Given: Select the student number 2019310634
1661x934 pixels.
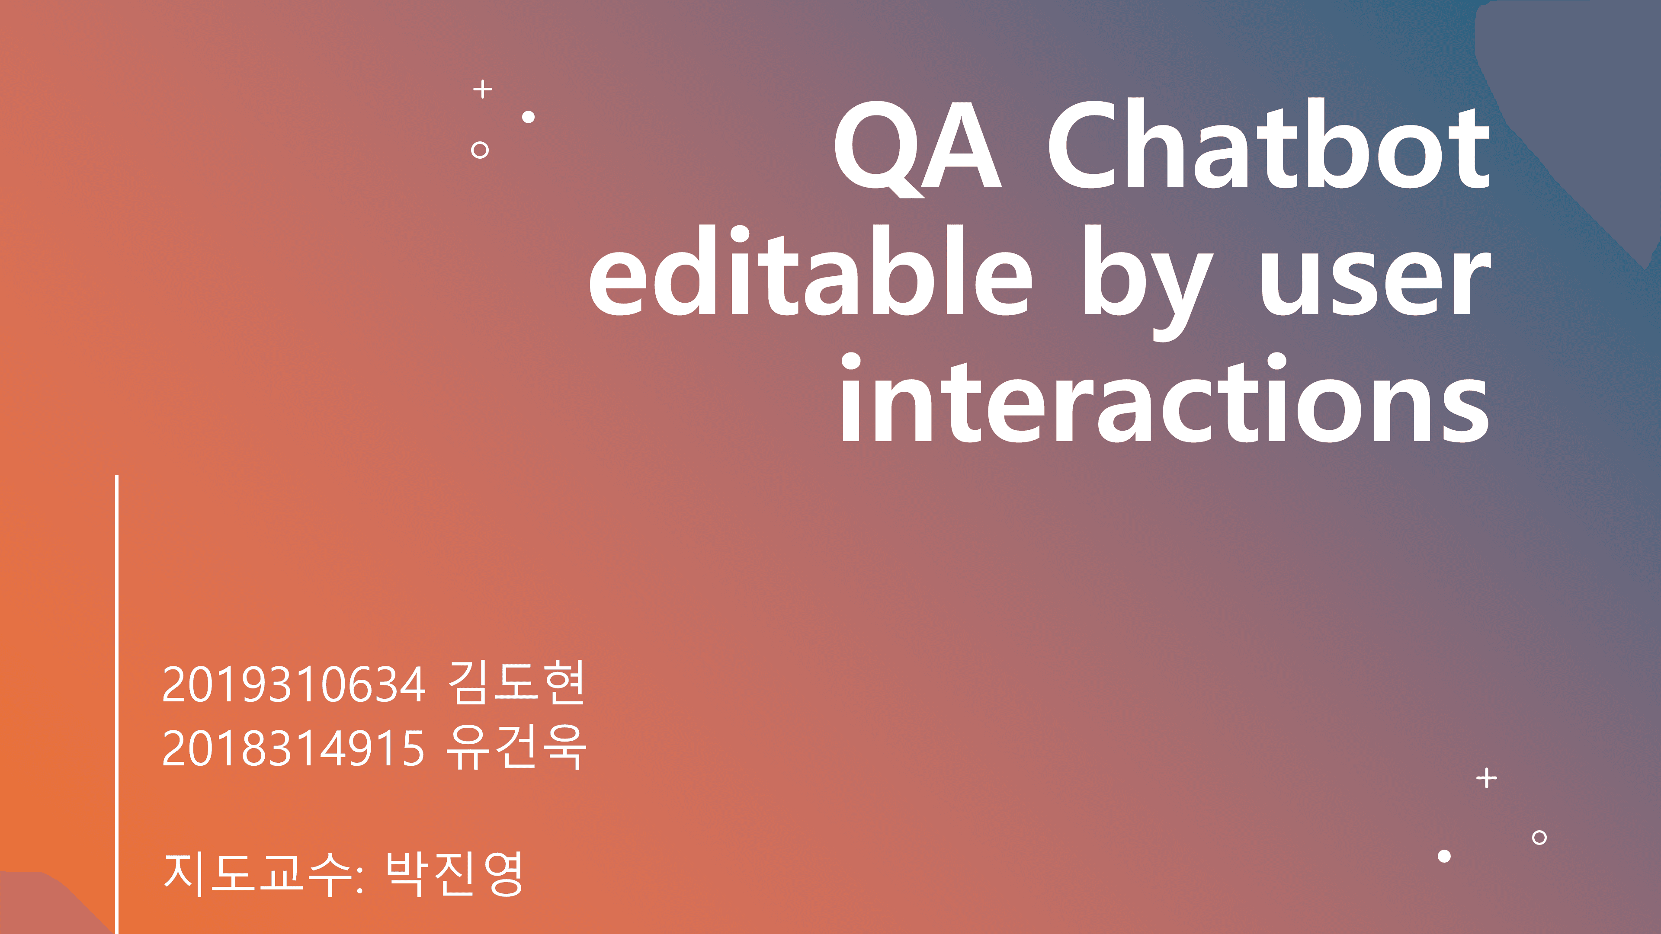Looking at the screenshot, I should click(293, 685).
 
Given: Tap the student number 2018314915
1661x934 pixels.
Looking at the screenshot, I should click(293, 749).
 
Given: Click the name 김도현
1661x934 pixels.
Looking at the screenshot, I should click(516, 682).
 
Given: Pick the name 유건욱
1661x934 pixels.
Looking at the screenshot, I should click(516, 746).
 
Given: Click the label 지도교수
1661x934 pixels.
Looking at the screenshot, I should click(258, 873).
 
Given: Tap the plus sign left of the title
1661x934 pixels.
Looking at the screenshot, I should click(482, 89).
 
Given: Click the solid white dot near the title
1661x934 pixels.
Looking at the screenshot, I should click(528, 117).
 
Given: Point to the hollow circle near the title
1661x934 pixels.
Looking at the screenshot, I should click(480, 150).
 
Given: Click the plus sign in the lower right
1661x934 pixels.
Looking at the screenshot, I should click(1486, 778).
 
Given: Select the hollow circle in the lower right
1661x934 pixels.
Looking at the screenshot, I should click(1539, 837).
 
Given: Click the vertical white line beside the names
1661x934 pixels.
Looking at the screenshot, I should click(117, 703).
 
